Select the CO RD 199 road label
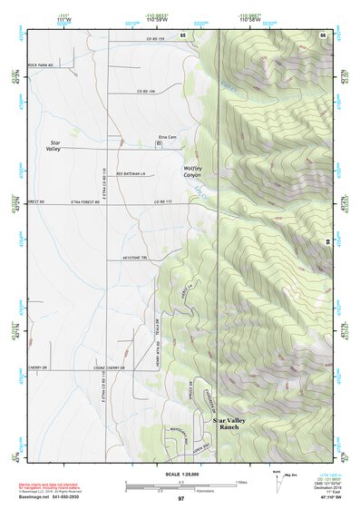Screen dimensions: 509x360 pyautogui.click(x=147, y=92)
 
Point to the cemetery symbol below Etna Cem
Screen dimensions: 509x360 pyautogui.click(x=160, y=144)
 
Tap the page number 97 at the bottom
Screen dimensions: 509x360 pyautogui.click(x=180, y=500)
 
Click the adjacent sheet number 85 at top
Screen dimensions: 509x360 pyautogui.click(x=182, y=34)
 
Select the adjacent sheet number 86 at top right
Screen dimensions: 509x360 pyautogui.click(x=323, y=34)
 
